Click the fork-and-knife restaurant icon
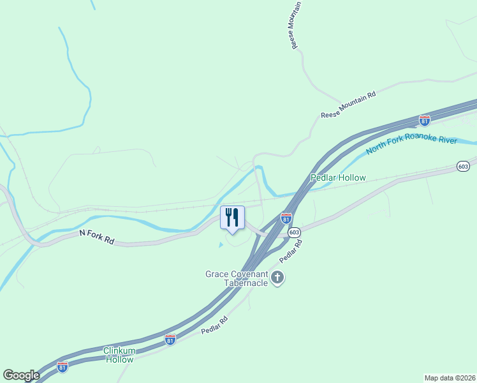pyautogui.click(x=232, y=217)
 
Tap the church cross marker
pyautogui.click(x=277, y=278)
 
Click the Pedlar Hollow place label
pyautogui.click(x=338, y=177)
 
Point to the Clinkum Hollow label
pyautogui.click(x=119, y=355)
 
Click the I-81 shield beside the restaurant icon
pyautogui.click(x=286, y=218)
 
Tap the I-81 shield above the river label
pyautogui.click(x=425, y=120)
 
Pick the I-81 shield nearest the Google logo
pyautogui.click(x=62, y=366)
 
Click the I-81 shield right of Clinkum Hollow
pyautogui.click(x=170, y=340)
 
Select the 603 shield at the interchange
pyautogui.click(x=294, y=233)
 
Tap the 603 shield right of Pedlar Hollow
pyautogui.click(x=464, y=166)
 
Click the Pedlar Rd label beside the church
pyautogui.click(x=289, y=250)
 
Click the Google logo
pyautogui.click(x=21, y=375)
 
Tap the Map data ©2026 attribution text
pyautogui.click(x=450, y=377)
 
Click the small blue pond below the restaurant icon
pyautogui.click(x=221, y=244)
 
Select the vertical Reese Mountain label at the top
pyautogui.click(x=290, y=26)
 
